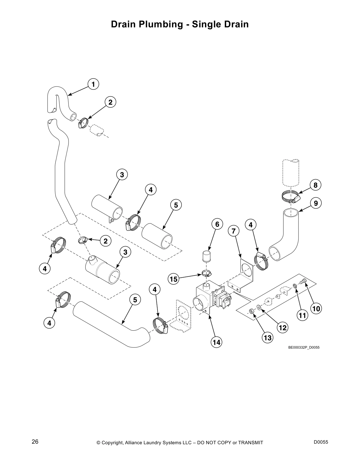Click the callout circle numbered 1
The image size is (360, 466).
93,84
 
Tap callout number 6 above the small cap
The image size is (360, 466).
217,224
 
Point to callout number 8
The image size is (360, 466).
316,185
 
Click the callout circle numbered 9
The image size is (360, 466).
316,203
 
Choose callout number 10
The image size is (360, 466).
316,309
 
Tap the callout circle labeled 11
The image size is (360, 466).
302,316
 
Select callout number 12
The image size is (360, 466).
283,327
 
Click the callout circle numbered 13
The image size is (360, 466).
268,338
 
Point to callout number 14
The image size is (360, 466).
216,342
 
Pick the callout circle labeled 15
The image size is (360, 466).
174,279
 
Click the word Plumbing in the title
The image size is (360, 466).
166,24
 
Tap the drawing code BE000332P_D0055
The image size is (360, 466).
304,347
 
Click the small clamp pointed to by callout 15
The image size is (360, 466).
207,274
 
